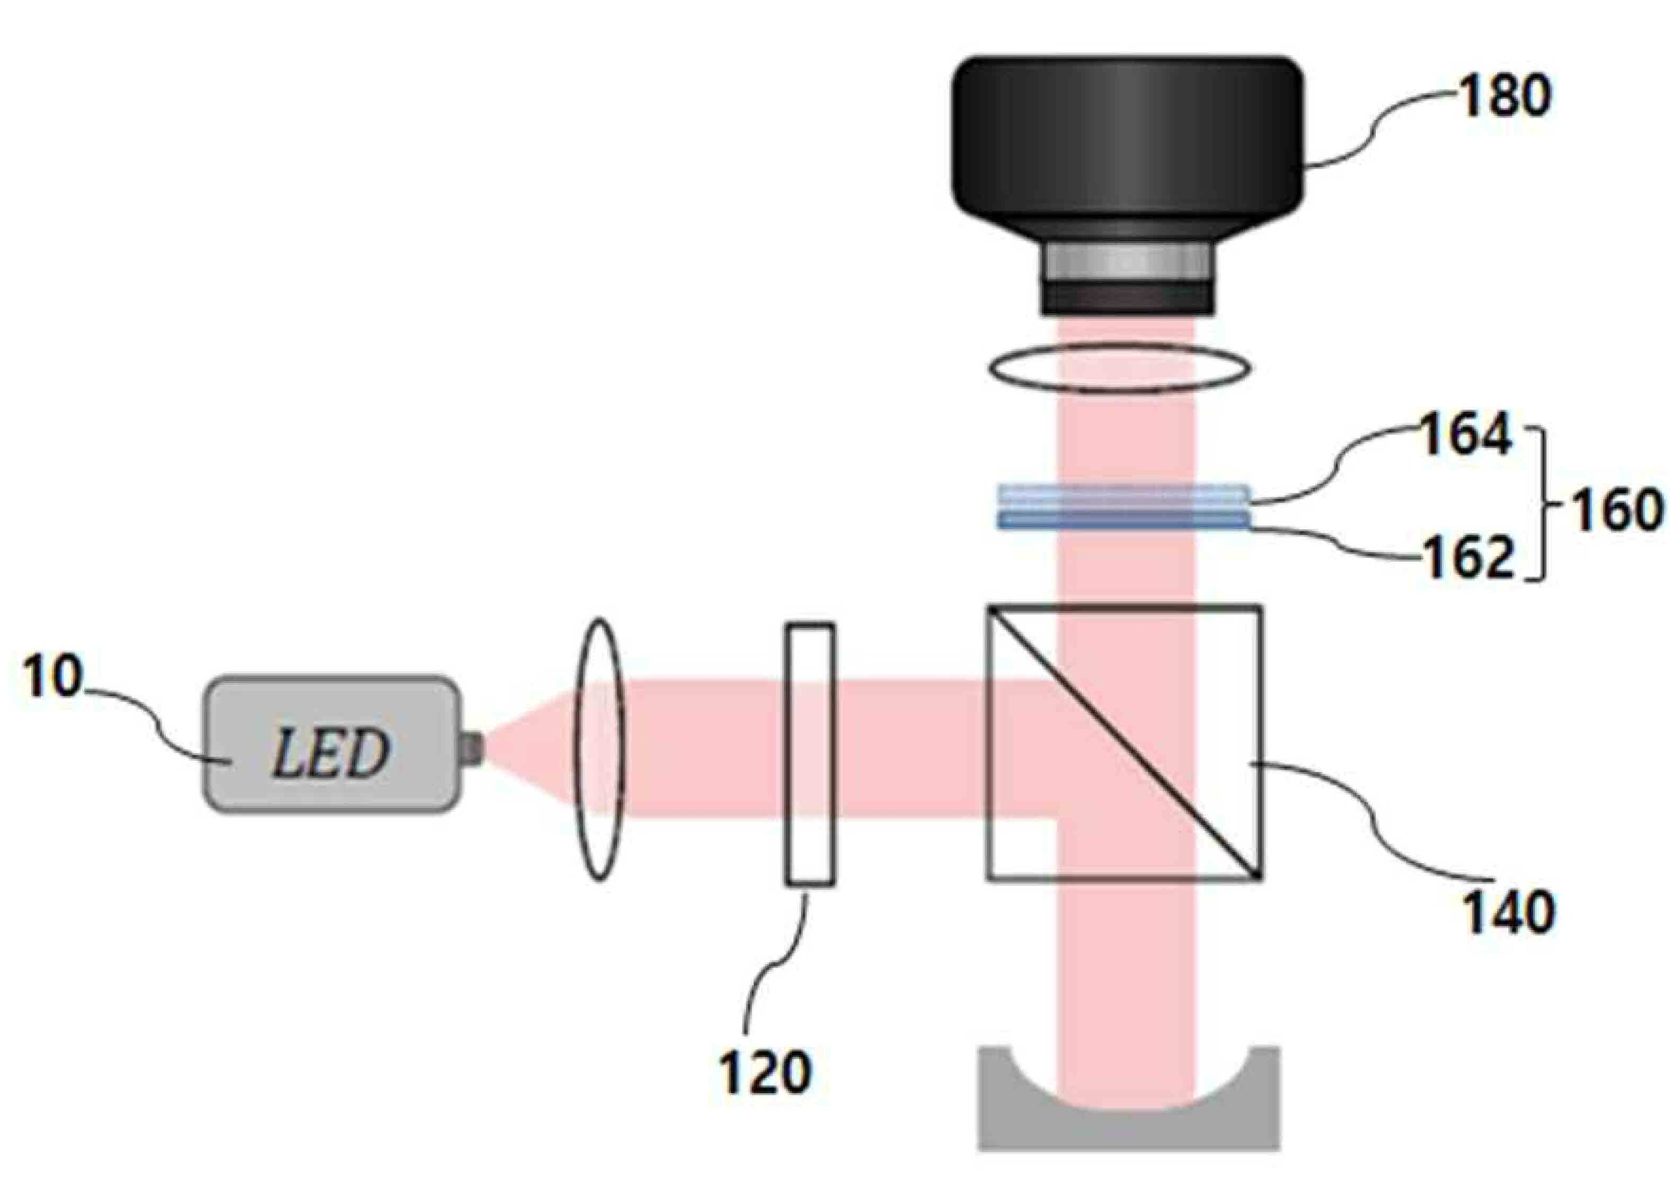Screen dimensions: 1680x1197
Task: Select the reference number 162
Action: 1467,558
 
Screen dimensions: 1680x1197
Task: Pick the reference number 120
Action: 765,1072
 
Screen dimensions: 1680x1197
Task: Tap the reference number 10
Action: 51,676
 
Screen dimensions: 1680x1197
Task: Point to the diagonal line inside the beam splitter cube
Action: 1124,743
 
